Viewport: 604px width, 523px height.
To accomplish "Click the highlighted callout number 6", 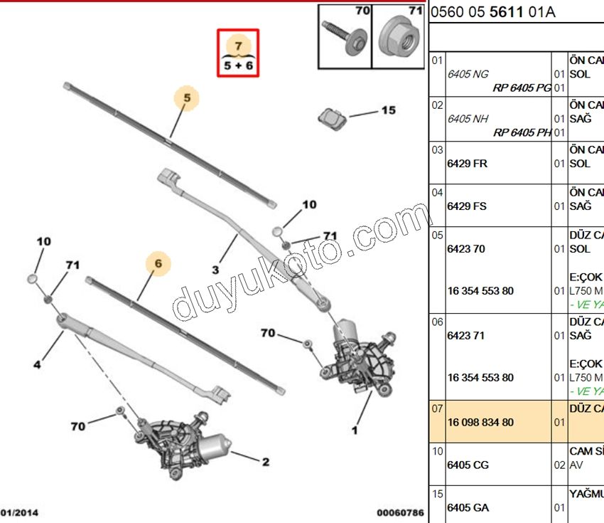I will [x=158, y=264].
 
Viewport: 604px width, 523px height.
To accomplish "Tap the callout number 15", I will [x=388, y=110].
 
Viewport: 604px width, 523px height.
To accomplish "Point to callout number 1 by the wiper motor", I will [x=354, y=430].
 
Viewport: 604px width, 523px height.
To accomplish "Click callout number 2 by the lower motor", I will [x=265, y=462].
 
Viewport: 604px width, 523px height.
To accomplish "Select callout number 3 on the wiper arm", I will [x=215, y=270].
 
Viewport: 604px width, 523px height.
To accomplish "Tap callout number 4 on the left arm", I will [x=36, y=365].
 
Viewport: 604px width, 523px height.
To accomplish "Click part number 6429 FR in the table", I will [x=467, y=164].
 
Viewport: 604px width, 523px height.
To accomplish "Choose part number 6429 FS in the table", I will [x=467, y=206].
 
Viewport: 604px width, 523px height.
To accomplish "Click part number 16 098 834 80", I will [x=480, y=422].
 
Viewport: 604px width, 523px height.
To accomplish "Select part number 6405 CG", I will [x=468, y=465].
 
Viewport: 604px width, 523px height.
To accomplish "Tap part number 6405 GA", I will [x=468, y=507].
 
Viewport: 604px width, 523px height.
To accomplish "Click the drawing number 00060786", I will [x=400, y=512].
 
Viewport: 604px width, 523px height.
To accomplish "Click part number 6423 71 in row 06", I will [x=465, y=335].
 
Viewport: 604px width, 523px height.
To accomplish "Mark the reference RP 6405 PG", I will [x=522, y=88].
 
